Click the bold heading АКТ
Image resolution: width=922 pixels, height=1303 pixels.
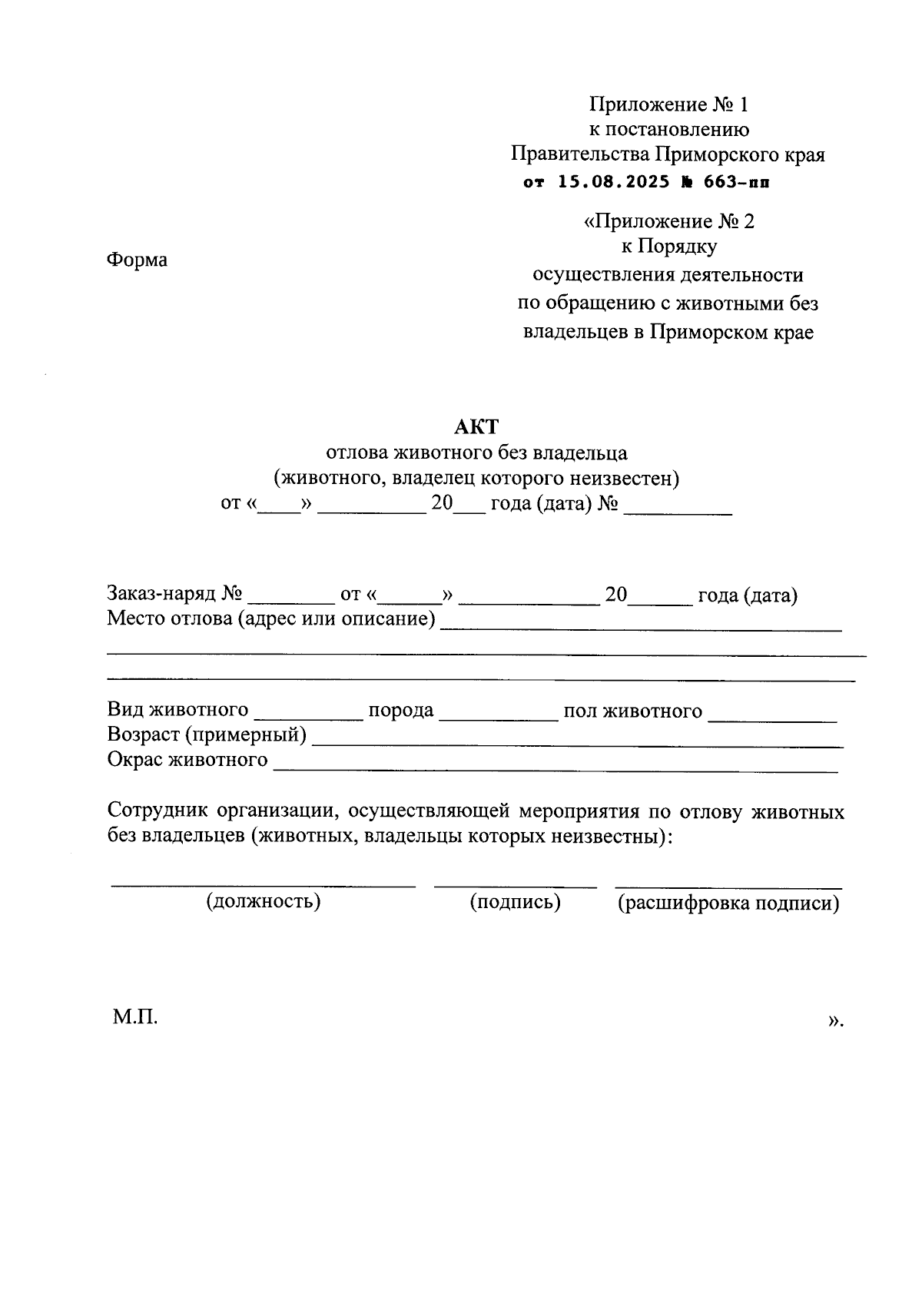tap(476, 426)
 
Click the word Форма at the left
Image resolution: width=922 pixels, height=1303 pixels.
tap(137, 260)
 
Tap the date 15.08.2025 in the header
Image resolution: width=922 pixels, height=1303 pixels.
tap(603, 183)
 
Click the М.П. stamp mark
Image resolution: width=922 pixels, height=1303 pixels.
tap(135, 1018)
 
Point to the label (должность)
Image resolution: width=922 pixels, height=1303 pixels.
tap(263, 900)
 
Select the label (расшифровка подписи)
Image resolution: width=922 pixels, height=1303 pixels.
tap(728, 903)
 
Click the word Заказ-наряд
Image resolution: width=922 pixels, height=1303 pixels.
tap(162, 595)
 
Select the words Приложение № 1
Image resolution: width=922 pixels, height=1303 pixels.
tap(668, 104)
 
